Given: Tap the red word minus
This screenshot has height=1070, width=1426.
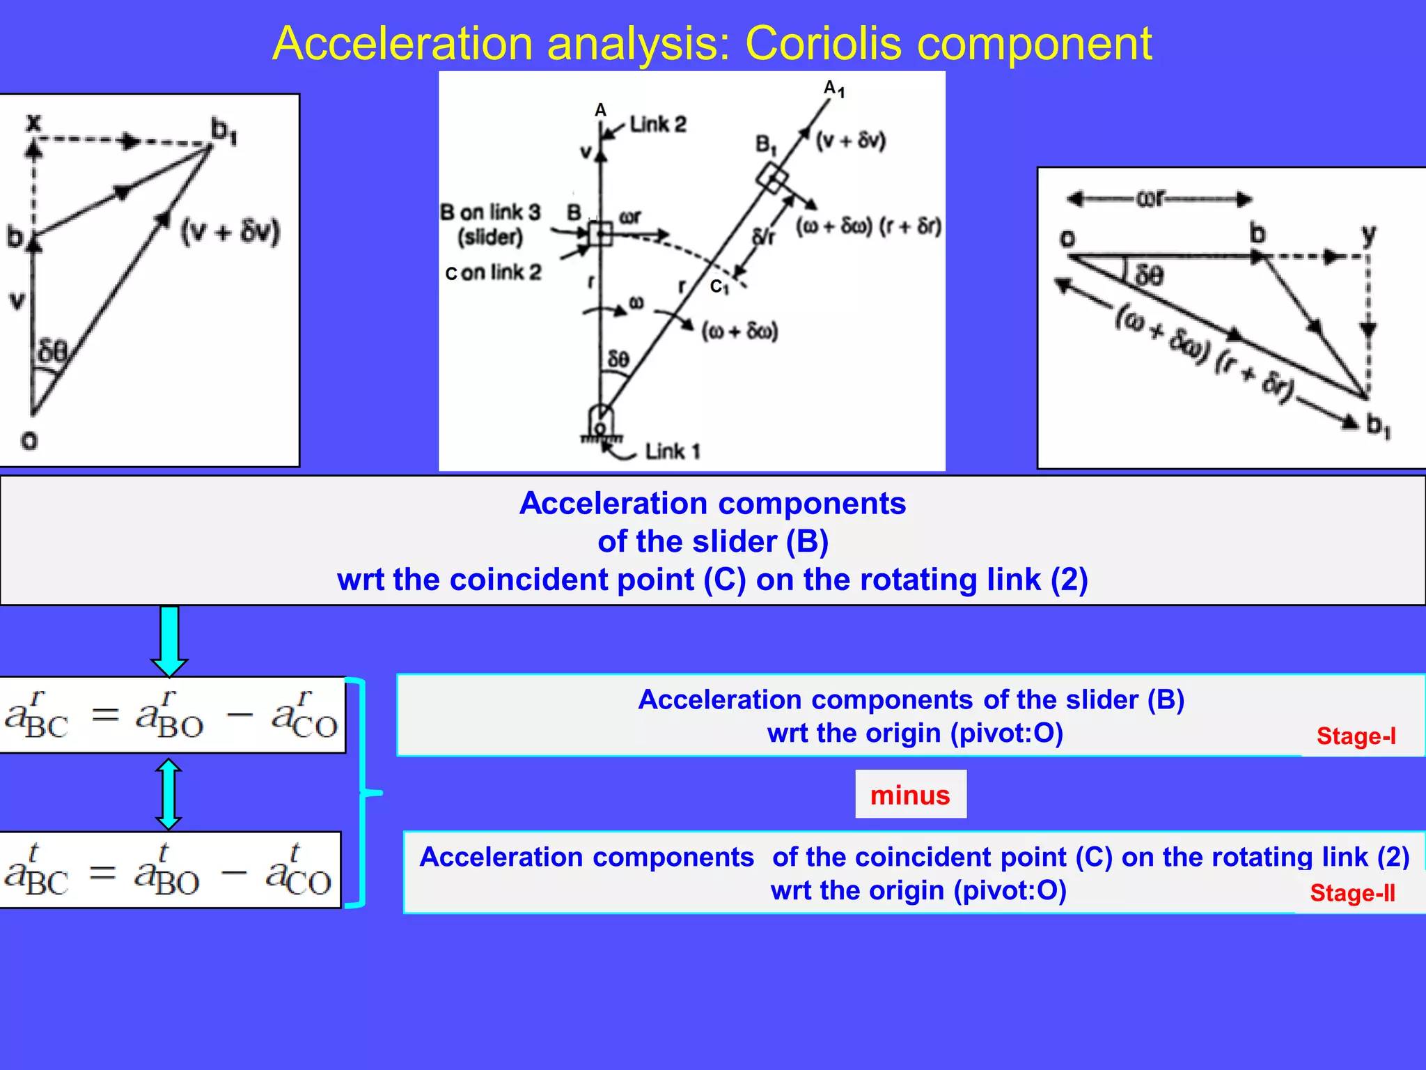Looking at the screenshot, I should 910,795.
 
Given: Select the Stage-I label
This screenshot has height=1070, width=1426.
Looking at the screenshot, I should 1356,736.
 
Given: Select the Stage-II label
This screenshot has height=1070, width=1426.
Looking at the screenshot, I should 1352,892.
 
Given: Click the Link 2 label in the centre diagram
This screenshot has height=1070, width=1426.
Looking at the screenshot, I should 657,125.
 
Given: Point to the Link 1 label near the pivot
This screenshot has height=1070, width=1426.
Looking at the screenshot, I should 672,451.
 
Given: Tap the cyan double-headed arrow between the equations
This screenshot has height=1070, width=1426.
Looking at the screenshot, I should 169,794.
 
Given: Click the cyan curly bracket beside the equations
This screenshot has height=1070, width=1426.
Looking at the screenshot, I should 363,793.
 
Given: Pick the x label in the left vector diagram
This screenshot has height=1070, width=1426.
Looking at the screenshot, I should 33,123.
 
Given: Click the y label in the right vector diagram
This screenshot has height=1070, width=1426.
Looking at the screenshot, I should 1369,234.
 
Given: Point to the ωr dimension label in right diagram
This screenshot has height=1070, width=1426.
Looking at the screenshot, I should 1152,199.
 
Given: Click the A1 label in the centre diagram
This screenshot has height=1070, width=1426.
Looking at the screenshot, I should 833,88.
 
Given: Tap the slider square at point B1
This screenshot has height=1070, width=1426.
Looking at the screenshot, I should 773,178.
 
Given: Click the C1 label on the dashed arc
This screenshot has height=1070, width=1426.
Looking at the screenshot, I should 719,286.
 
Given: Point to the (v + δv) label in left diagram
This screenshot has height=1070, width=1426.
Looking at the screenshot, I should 230,231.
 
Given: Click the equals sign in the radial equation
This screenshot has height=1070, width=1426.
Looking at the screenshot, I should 106,714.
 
